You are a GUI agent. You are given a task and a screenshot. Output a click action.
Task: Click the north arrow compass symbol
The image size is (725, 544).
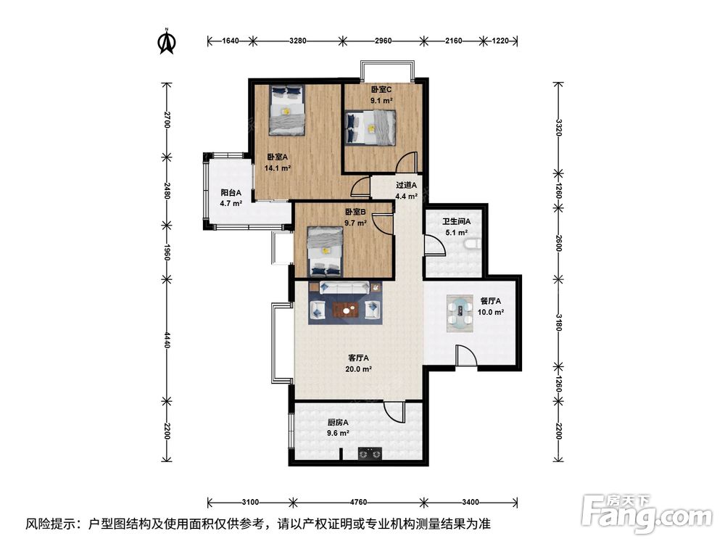(167, 41)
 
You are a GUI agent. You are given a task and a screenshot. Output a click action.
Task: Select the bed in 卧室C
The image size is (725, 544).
(370, 128)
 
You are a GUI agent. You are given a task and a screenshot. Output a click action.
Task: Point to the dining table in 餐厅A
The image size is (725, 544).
(460, 314)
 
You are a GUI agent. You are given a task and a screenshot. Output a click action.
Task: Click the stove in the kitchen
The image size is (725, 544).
(370, 454)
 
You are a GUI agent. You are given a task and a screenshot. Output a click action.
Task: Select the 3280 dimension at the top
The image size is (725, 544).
(297, 41)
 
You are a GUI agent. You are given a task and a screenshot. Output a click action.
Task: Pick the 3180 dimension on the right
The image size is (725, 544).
(558, 323)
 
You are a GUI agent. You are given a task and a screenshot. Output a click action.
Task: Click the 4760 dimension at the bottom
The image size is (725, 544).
(357, 502)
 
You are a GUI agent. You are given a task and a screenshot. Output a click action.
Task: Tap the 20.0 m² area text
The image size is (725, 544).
(358, 369)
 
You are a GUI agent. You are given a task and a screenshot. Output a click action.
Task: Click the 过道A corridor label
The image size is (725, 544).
(407, 185)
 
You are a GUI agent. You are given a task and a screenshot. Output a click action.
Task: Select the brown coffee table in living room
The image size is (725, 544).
(347, 309)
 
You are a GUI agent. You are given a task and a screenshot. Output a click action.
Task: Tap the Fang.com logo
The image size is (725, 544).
(647, 514)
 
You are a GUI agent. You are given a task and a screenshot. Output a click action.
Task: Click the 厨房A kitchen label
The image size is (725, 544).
(338, 422)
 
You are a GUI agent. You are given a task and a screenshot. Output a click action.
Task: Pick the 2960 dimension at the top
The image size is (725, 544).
(383, 41)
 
